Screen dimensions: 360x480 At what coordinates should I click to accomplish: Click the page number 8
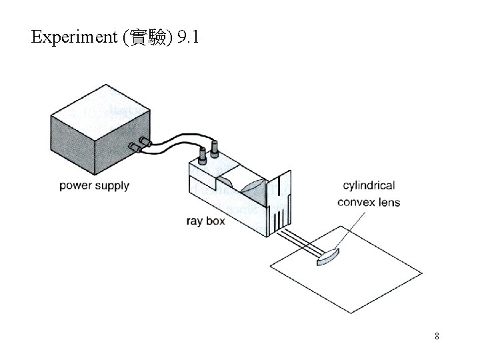pos(437,336)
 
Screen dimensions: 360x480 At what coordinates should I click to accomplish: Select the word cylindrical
pos(369,186)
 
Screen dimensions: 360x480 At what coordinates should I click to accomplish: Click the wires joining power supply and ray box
pos(175,146)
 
